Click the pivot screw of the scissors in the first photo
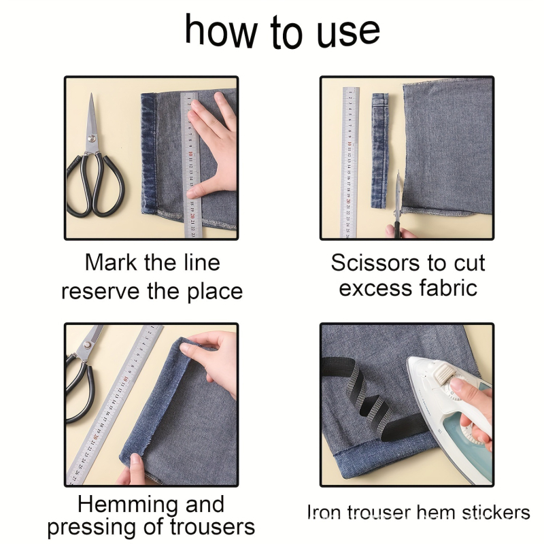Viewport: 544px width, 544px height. pyautogui.click(x=92, y=139)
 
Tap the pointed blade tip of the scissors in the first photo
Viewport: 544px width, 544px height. pyautogui.click(x=92, y=94)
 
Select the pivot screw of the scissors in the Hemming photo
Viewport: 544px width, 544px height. pyautogui.click(x=87, y=345)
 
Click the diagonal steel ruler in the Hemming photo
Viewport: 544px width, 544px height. pyautogui.click(x=114, y=404)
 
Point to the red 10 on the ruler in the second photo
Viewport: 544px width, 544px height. pyautogui.click(x=350, y=143)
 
